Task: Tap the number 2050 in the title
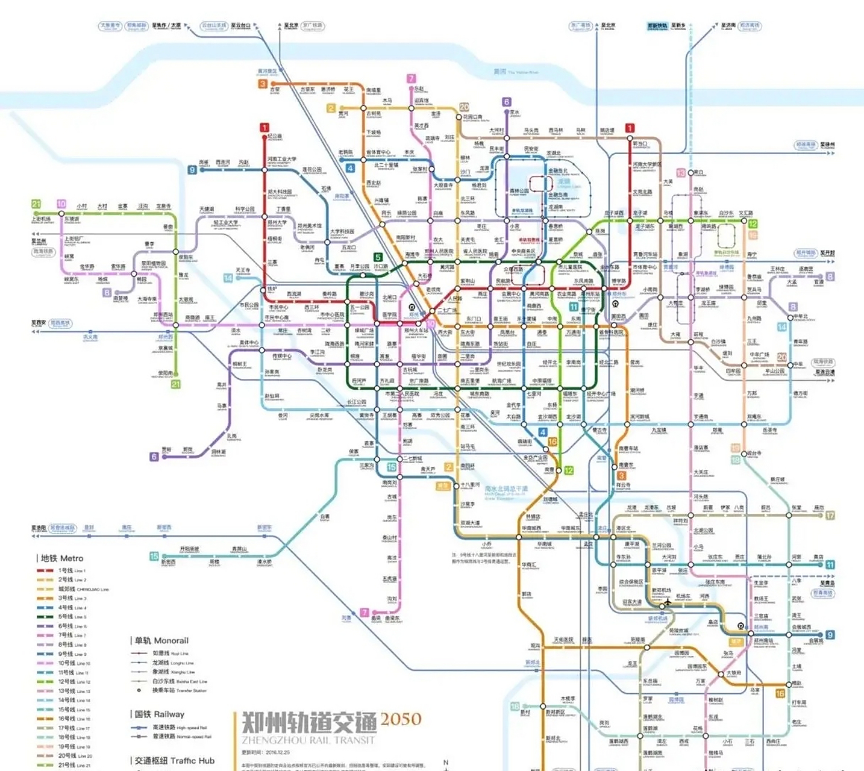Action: [401, 719]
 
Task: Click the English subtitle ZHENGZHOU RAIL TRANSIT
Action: [308, 740]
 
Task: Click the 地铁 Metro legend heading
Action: [62, 558]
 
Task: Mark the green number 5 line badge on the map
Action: [378, 257]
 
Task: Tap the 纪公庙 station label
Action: [275, 137]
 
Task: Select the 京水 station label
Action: [514, 113]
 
